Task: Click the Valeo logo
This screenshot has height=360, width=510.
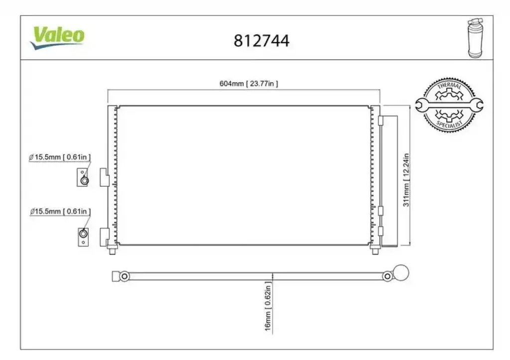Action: [58, 37]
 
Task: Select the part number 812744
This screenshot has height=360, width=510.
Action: [261, 41]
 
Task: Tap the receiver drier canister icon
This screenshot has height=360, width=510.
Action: [475, 38]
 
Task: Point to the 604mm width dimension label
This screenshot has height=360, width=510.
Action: [249, 84]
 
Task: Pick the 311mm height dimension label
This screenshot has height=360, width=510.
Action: [406, 180]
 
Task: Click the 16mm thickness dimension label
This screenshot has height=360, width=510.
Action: [268, 306]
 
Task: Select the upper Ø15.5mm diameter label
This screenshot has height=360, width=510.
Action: [60, 157]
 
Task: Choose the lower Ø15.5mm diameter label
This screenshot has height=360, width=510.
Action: [60, 212]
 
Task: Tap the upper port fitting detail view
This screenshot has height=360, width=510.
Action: [83, 177]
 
